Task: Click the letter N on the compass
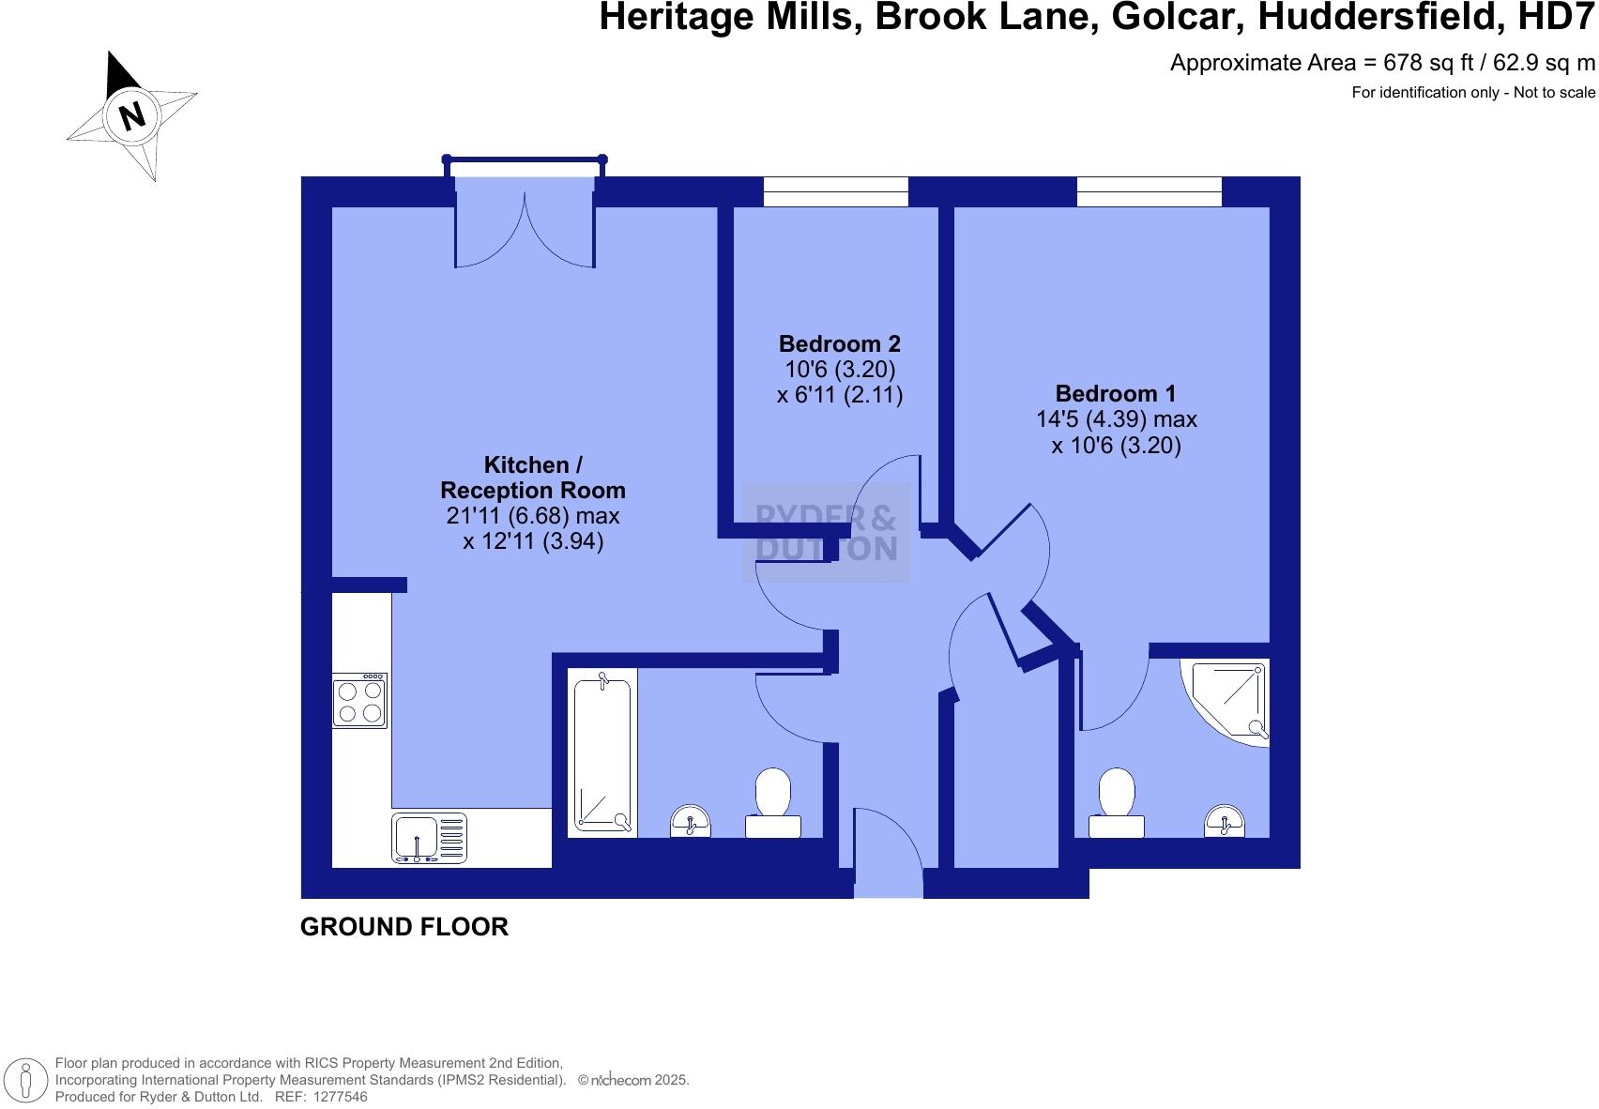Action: (x=132, y=115)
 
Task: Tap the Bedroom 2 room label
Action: (x=839, y=343)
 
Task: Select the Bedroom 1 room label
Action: (x=1115, y=393)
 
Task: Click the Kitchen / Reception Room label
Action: (x=532, y=478)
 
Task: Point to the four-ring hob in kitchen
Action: (x=359, y=701)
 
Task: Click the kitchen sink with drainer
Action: (x=429, y=837)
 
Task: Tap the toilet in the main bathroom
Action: (x=773, y=802)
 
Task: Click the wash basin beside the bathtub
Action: (x=691, y=822)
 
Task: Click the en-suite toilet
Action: (x=1117, y=803)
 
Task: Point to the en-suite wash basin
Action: (x=1225, y=822)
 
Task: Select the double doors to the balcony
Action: (x=525, y=225)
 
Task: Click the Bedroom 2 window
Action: (x=835, y=191)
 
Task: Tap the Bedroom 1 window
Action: (x=1149, y=191)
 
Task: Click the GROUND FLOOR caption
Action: (x=404, y=927)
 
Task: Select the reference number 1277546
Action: (x=339, y=1096)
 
